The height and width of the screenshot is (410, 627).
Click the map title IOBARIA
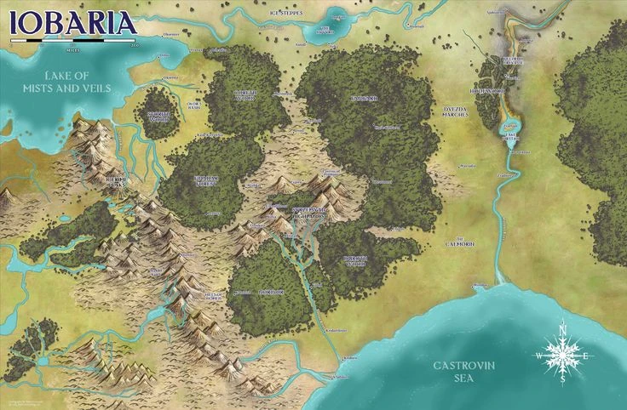[x=72, y=22]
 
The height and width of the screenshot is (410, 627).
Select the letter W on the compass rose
[x=538, y=352]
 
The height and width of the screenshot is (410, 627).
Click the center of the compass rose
[x=562, y=352]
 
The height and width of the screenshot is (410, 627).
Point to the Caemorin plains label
[x=460, y=243]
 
